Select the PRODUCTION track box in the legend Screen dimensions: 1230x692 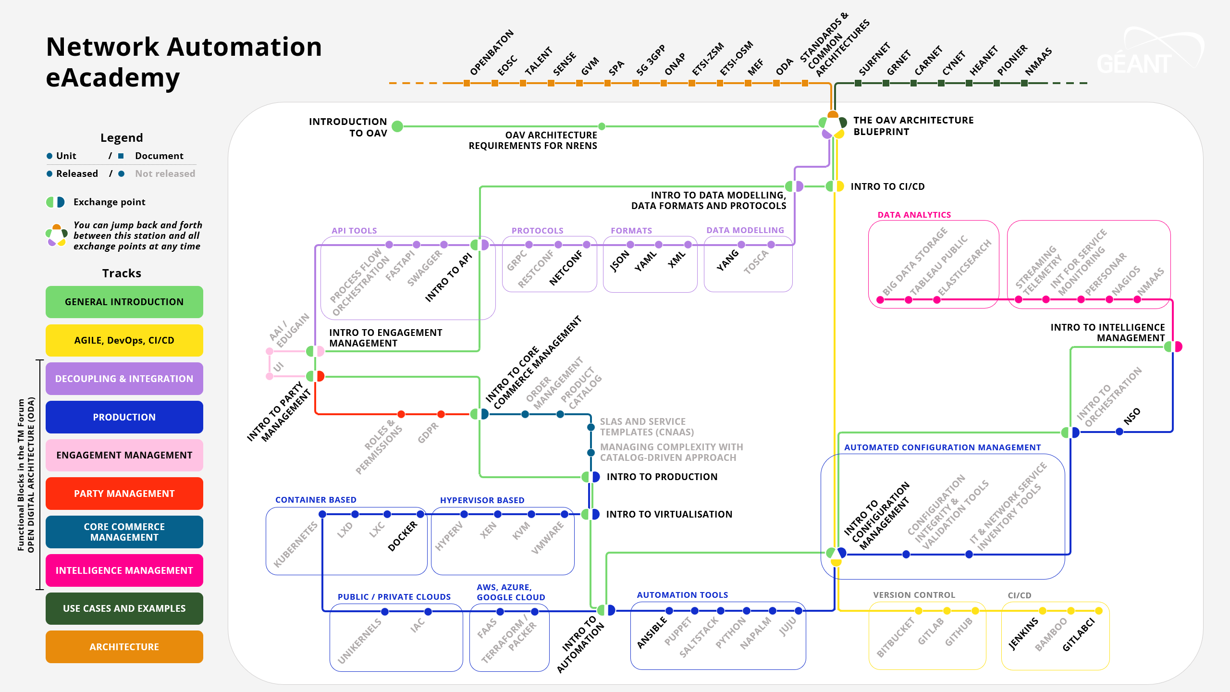tap(124, 417)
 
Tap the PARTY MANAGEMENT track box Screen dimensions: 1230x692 tap(124, 494)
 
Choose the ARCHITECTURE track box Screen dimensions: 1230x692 tap(124, 647)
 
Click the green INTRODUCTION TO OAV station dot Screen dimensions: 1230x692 tap(397, 126)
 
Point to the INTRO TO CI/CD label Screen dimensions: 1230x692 tap(887, 186)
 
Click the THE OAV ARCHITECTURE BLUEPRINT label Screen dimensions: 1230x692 tap(913, 126)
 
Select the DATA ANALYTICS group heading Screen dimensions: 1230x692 tap(914, 215)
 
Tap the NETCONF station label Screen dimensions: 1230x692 tap(566, 268)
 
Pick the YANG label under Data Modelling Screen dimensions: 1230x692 tap(728, 260)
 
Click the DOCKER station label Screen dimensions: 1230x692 tap(403, 536)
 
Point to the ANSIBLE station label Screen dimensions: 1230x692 tap(652, 632)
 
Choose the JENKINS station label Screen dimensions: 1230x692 tap(1023, 634)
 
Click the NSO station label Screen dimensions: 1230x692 tap(1132, 416)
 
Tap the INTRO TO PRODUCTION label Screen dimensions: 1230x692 tap(662, 477)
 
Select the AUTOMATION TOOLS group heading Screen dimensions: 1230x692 tap(682, 595)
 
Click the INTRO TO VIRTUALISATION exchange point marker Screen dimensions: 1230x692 tap(590, 514)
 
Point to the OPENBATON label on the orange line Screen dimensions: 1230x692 tap(492, 53)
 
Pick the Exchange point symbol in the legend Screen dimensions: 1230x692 tap(55, 202)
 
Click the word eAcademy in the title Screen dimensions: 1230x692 tap(113, 77)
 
